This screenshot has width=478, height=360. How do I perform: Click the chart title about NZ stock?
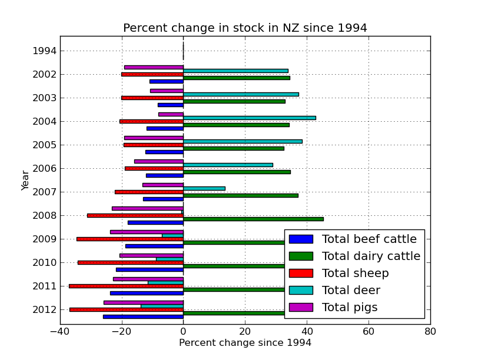pyautogui.click(x=245, y=28)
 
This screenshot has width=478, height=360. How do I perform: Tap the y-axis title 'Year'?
pyautogui.click(x=25, y=180)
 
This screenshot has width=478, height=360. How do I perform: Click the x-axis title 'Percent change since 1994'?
pyautogui.click(x=245, y=343)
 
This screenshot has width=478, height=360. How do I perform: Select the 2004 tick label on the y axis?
pyautogui.click(x=45, y=121)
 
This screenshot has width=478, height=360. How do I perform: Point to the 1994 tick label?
pyautogui.click(x=45, y=51)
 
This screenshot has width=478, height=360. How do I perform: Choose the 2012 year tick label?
pyautogui.click(x=45, y=309)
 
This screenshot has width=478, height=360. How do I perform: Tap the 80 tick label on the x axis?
pyautogui.click(x=430, y=331)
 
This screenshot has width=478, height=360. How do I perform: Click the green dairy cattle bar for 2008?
pyautogui.click(x=253, y=219)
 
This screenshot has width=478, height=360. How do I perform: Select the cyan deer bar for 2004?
pyautogui.click(x=250, y=118)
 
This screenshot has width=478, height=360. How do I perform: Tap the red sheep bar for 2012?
pyautogui.click(x=127, y=309)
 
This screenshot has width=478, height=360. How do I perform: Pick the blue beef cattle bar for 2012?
pyautogui.click(x=143, y=316)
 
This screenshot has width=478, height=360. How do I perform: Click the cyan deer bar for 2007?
pyautogui.click(x=204, y=188)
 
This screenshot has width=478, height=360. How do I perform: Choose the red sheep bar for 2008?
pyautogui.click(x=135, y=215)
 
